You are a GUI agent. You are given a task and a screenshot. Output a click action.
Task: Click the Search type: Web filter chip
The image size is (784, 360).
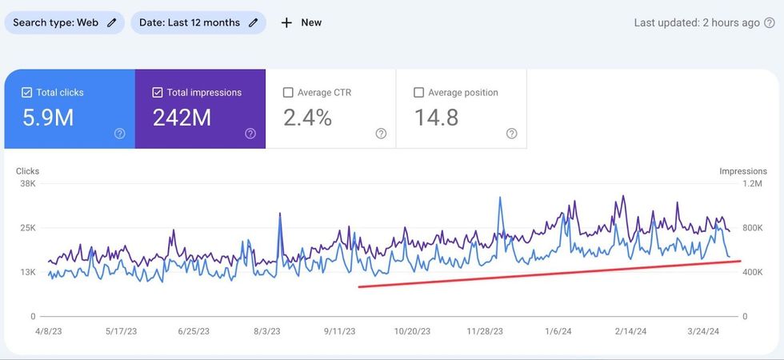click(64, 22)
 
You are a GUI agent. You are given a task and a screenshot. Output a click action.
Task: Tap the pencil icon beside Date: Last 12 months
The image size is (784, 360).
click(253, 22)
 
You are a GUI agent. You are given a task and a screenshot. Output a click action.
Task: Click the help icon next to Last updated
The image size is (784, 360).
click(770, 23)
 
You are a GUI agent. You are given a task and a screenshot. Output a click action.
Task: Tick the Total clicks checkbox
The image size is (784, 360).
click(26, 93)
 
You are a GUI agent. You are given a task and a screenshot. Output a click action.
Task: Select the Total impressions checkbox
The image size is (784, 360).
click(158, 93)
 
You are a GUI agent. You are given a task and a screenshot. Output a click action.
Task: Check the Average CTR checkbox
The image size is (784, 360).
click(288, 93)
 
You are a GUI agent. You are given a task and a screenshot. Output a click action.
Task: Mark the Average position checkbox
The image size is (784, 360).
click(418, 93)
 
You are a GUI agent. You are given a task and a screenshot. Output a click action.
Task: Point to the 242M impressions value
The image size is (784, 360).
click(182, 118)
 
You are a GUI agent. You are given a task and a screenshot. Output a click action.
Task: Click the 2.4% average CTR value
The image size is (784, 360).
click(307, 118)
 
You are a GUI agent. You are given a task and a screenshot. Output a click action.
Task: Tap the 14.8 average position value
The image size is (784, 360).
click(436, 118)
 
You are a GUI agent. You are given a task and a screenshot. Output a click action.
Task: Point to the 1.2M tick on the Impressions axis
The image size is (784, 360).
click(753, 183)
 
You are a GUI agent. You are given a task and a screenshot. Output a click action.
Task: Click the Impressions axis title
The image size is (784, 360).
click(743, 171)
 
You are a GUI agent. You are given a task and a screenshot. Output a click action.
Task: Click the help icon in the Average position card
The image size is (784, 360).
click(512, 134)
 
